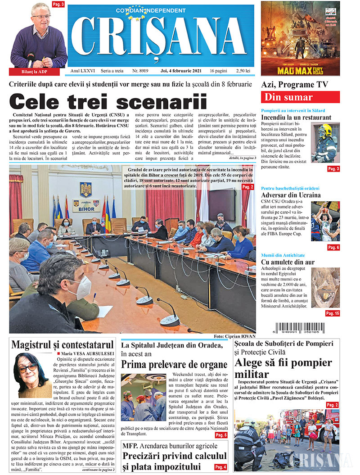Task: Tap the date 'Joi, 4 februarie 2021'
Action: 177,71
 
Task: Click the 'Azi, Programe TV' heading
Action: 295,85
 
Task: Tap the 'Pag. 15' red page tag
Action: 333,313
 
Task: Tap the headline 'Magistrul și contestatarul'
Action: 63,345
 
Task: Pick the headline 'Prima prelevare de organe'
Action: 174,364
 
